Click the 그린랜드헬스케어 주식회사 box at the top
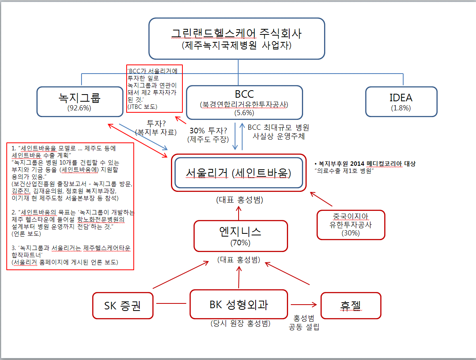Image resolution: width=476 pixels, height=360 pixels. (x=237, y=38)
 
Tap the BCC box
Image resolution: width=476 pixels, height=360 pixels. (x=244, y=102)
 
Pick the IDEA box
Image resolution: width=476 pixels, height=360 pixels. (x=401, y=101)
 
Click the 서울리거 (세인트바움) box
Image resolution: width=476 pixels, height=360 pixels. (x=239, y=173)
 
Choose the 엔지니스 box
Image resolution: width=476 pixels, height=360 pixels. (x=240, y=235)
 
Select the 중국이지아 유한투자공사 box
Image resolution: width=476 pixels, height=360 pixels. (x=351, y=225)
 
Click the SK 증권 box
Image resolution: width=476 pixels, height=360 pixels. (x=123, y=305)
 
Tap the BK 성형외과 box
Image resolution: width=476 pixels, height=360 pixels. (x=239, y=304)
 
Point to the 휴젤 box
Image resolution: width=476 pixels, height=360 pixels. (x=351, y=305)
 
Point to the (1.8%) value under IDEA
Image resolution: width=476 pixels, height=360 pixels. (x=401, y=108)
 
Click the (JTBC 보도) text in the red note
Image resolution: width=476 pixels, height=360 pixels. (x=143, y=107)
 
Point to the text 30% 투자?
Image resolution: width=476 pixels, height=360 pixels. (x=208, y=131)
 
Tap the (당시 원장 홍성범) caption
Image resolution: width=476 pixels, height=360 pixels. (x=241, y=323)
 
